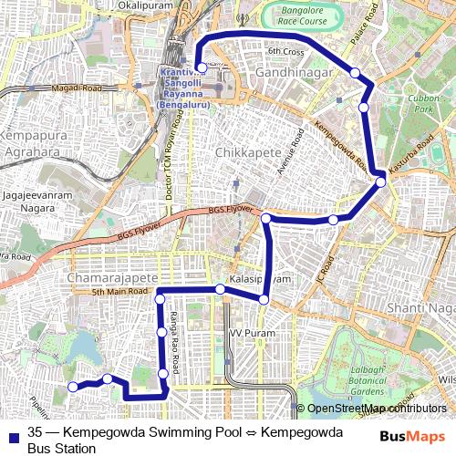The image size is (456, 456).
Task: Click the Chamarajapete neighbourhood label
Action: coord(107,275)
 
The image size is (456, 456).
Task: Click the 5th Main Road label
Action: coord(119,292)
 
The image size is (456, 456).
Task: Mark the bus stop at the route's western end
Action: coord(73,388)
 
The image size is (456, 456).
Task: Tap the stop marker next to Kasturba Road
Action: coord(380,182)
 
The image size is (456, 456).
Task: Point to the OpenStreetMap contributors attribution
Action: coord(376,409)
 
